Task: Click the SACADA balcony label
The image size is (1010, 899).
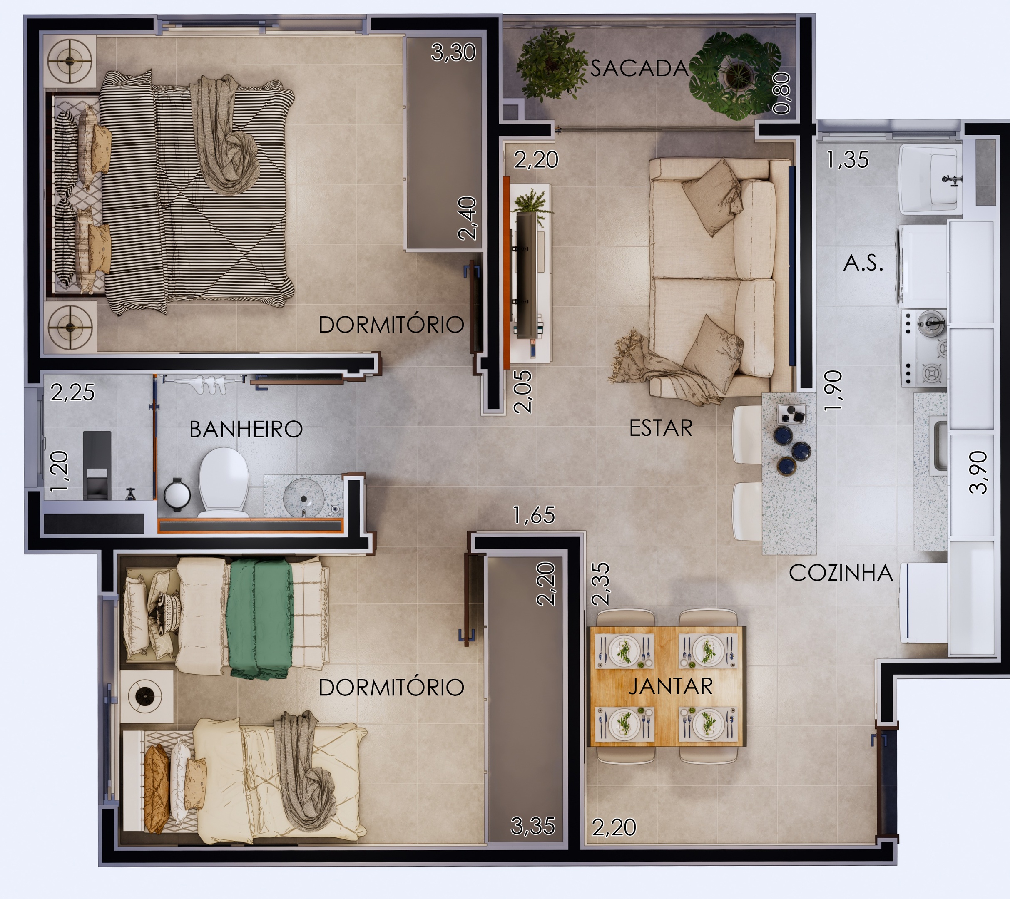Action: click(639, 68)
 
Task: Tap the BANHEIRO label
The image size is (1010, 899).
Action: click(246, 429)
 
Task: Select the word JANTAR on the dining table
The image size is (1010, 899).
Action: click(671, 687)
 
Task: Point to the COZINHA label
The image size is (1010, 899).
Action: click(841, 573)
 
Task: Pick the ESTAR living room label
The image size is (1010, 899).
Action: click(661, 428)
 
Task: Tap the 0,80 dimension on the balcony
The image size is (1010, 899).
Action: click(782, 93)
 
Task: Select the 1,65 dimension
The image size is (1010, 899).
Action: click(534, 515)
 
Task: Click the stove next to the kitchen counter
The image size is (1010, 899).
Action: click(923, 348)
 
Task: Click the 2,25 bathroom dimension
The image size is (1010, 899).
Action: click(72, 393)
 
